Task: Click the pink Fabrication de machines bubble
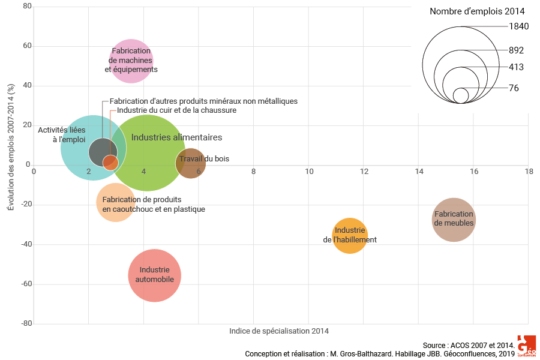[x=131, y=60]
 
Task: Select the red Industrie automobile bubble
[x=155, y=275]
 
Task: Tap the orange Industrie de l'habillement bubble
[x=350, y=235]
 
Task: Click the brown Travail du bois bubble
[x=191, y=163]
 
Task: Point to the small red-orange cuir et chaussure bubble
[x=110, y=162]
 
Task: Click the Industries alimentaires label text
[x=176, y=137]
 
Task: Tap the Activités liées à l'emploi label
[x=62, y=134]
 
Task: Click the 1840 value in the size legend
[x=518, y=26]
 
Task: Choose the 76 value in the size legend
[x=514, y=88]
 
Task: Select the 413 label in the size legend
[x=517, y=67]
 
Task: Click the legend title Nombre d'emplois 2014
[x=478, y=11]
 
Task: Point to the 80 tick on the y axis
[x=27, y=7]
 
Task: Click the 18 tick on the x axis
[x=529, y=172]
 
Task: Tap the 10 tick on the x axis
[x=309, y=172]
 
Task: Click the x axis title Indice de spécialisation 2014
[x=279, y=331]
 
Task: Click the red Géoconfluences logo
[x=526, y=347]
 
